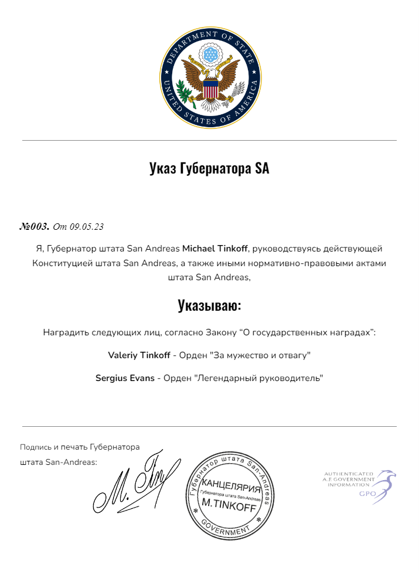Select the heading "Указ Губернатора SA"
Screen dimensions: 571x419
pos(209,169)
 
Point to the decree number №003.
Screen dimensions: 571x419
pos(35,226)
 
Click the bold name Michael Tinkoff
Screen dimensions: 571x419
pos(215,249)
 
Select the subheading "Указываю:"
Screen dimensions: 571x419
pos(209,305)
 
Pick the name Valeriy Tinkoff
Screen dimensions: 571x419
pos(139,355)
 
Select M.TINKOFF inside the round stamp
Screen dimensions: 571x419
pos(229,505)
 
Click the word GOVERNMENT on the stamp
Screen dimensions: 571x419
pos(225,527)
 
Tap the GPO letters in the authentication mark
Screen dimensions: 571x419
pos(367,494)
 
